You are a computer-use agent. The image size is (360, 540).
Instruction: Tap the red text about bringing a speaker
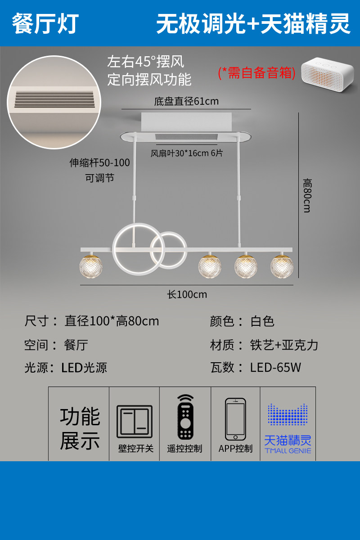tap(256, 72)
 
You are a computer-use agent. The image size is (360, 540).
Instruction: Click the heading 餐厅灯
tap(45, 23)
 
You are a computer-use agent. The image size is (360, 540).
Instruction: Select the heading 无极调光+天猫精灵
tap(253, 23)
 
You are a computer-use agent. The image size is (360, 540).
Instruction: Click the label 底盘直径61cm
tap(186, 101)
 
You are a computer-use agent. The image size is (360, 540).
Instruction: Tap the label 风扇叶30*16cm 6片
tap(186, 153)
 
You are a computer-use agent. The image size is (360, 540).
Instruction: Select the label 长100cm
tap(187, 295)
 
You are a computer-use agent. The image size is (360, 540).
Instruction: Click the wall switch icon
tap(135, 422)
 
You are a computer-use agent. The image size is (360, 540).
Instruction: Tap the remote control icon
tap(185, 417)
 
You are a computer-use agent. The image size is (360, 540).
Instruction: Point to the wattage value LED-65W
tap(275, 367)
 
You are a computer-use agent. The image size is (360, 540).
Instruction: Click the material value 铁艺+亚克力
tap(284, 345)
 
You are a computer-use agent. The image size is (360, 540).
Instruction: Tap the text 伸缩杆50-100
tap(99, 163)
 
